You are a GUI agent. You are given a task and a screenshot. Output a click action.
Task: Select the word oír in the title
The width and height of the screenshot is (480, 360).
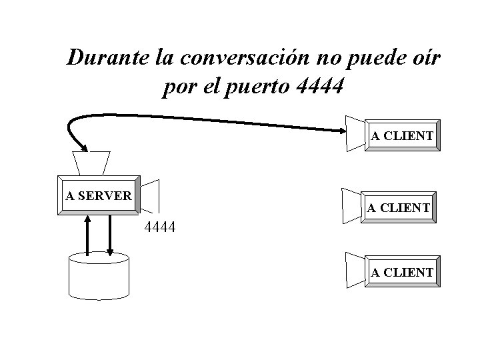pyautogui.click(x=424, y=58)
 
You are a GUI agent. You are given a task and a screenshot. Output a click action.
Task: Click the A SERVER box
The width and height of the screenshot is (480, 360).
pyautogui.click(x=99, y=195)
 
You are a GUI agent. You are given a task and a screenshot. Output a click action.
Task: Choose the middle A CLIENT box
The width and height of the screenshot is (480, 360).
pyautogui.click(x=399, y=207)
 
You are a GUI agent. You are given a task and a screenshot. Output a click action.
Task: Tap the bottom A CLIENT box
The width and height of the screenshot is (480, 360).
pyautogui.click(x=402, y=272)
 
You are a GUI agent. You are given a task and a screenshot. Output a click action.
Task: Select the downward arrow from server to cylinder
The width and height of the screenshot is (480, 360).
pyautogui.click(x=110, y=233)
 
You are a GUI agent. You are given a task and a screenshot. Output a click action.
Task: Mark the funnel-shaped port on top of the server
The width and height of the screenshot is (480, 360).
pyautogui.click(x=91, y=162)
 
